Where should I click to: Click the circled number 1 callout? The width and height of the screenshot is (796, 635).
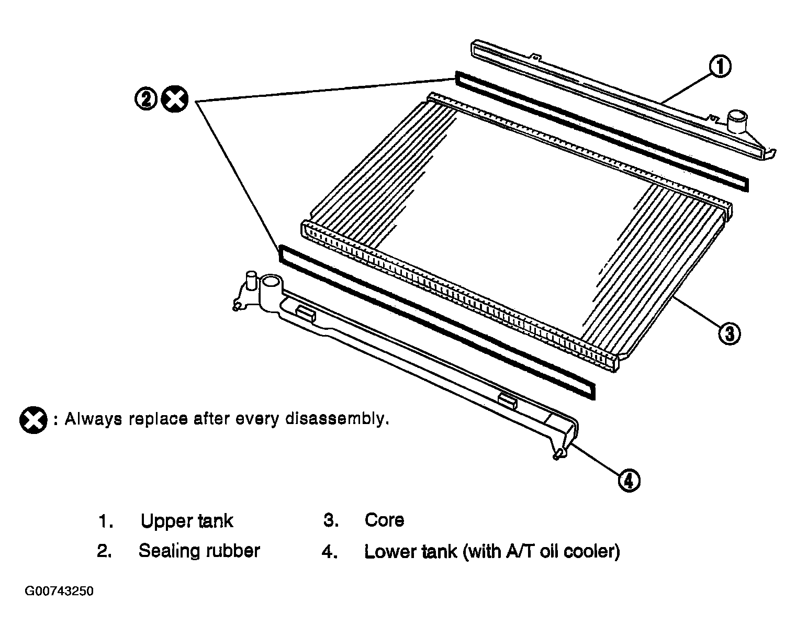point(720,68)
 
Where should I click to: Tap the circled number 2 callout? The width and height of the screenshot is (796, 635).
point(146,99)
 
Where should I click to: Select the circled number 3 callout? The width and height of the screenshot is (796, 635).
point(729,332)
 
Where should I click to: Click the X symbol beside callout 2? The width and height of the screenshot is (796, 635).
point(175,99)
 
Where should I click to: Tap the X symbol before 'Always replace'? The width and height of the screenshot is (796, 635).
point(33,420)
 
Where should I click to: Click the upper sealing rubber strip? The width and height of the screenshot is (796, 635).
point(602,131)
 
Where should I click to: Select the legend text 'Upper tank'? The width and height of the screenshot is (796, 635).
point(186,521)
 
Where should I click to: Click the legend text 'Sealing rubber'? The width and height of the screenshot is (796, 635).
point(199,551)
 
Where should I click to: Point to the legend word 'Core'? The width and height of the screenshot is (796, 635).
point(384,520)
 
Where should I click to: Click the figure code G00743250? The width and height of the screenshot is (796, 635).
point(59,592)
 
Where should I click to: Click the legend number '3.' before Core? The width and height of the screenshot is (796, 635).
point(331,520)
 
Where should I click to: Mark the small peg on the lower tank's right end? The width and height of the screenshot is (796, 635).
point(558,454)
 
